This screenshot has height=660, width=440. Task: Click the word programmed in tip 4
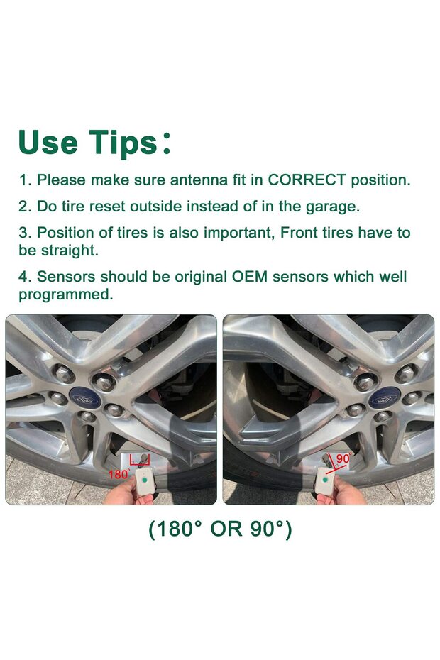pos(65,295)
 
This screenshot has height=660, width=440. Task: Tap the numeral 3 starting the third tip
pos(23,233)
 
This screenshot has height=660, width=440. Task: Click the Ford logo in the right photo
pos(383,400)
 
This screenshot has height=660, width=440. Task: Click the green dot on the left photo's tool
pos(145,481)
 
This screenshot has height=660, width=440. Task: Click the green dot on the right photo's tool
pos(325,482)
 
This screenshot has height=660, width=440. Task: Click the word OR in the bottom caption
pos(226,529)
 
